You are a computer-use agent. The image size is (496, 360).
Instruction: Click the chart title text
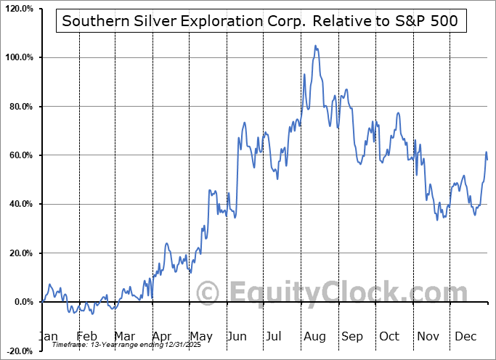260,21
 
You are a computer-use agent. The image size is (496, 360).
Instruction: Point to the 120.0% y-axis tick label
19,9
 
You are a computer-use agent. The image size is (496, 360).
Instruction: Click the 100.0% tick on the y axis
19,57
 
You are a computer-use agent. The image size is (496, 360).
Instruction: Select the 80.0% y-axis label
20,107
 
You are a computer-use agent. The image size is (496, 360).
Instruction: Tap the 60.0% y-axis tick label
20,155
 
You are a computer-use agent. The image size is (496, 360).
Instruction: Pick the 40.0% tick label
20,204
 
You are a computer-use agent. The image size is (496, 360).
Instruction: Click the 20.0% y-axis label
20,253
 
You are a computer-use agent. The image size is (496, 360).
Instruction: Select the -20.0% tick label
19,351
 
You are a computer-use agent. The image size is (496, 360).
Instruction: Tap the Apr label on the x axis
162,336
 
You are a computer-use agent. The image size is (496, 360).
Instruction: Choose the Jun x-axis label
237,336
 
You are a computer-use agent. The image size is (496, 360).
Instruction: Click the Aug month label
314,336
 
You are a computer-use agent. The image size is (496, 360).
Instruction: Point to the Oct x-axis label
389,336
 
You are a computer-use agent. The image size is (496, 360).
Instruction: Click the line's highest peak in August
315,46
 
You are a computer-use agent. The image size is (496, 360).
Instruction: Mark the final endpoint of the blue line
487,159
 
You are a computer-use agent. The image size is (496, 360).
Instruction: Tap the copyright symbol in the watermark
208,292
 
